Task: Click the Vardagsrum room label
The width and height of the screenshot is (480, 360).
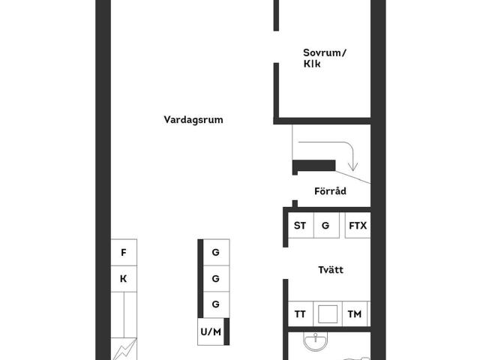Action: [x=193, y=120]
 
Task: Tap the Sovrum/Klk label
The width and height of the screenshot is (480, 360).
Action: [x=325, y=58]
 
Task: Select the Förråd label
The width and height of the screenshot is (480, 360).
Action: [x=330, y=191]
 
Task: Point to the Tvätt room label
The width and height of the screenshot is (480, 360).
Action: [x=331, y=270]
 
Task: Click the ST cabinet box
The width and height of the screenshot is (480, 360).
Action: [x=301, y=225]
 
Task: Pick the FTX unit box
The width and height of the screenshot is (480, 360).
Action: [x=358, y=225]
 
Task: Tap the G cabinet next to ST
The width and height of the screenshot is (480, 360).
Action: [x=326, y=225]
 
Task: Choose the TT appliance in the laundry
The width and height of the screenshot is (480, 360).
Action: [x=300, y=314]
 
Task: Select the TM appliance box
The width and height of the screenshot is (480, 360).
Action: [x=355, y=314]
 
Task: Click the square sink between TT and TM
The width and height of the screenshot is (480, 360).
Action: [x=328, y=314]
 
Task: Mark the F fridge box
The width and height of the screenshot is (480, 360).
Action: [x=124, y=253]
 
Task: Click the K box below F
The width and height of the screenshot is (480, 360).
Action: [x=124, y=279]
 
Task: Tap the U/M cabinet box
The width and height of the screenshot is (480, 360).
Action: [x=211, y=331]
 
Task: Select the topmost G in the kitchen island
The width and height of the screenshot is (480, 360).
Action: [x=216, y=253]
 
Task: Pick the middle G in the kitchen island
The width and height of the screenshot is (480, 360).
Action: [x=216, y=279]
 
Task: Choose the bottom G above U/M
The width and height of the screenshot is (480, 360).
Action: [x=216, y=305]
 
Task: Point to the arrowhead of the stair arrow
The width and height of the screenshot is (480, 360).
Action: [x=353, y=167]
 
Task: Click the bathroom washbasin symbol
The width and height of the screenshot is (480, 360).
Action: [x=315, y=341]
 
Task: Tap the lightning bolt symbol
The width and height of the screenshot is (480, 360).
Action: [x=124, y=349]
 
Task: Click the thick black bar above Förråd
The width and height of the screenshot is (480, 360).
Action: [x=314, y=166]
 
